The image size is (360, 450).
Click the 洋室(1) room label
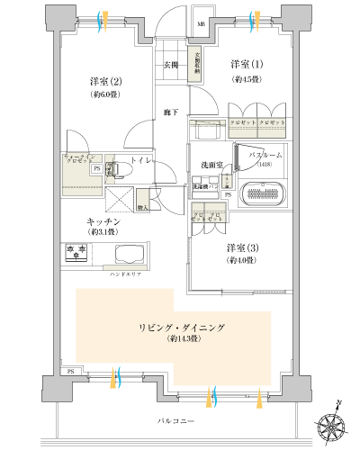click(x=247, y=64)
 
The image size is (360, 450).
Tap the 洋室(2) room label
click(x=99, y=80)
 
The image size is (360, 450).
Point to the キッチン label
click(x=99, y=220)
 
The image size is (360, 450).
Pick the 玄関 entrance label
click(x=171, y=65)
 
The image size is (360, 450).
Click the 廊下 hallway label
click(x=170, y=112)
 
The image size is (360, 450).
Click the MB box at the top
click(x=201, y=22)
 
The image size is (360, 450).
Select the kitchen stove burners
click(x=76, y=253)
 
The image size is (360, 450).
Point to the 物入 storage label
click(x=142, y=207)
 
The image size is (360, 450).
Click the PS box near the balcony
click(x=69, y=371)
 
